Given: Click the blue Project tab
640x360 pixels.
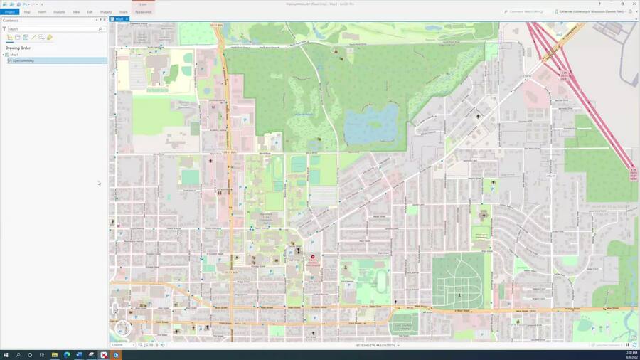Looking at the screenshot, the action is click(x=9, y=12).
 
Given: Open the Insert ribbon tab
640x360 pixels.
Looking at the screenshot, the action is click(x=42, y=12).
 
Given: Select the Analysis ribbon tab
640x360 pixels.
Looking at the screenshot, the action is click(x=59, y=12).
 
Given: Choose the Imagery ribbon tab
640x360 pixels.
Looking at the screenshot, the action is click(x=105, y=12).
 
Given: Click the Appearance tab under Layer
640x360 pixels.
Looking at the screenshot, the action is click(x=143, y=12).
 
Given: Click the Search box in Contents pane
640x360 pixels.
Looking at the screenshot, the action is click(x=53, y=29).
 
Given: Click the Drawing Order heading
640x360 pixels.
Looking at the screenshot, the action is click(x=18, y=48).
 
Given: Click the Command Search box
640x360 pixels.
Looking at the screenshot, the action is click(x=526, y=11).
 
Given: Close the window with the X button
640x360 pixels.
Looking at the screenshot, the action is click(x=634, y=4).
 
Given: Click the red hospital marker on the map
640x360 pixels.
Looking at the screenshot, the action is click(x=313, y=257).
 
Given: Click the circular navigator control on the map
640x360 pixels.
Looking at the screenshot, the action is click(x=123, y=327).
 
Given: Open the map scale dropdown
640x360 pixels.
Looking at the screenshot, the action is click(x=133, y=345).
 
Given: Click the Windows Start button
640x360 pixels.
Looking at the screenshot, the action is click(x=6, y=354).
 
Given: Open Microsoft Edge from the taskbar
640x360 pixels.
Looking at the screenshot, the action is click(x=67, y=354).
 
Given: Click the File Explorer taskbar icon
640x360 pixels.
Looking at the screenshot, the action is click(x=55, y=354).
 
